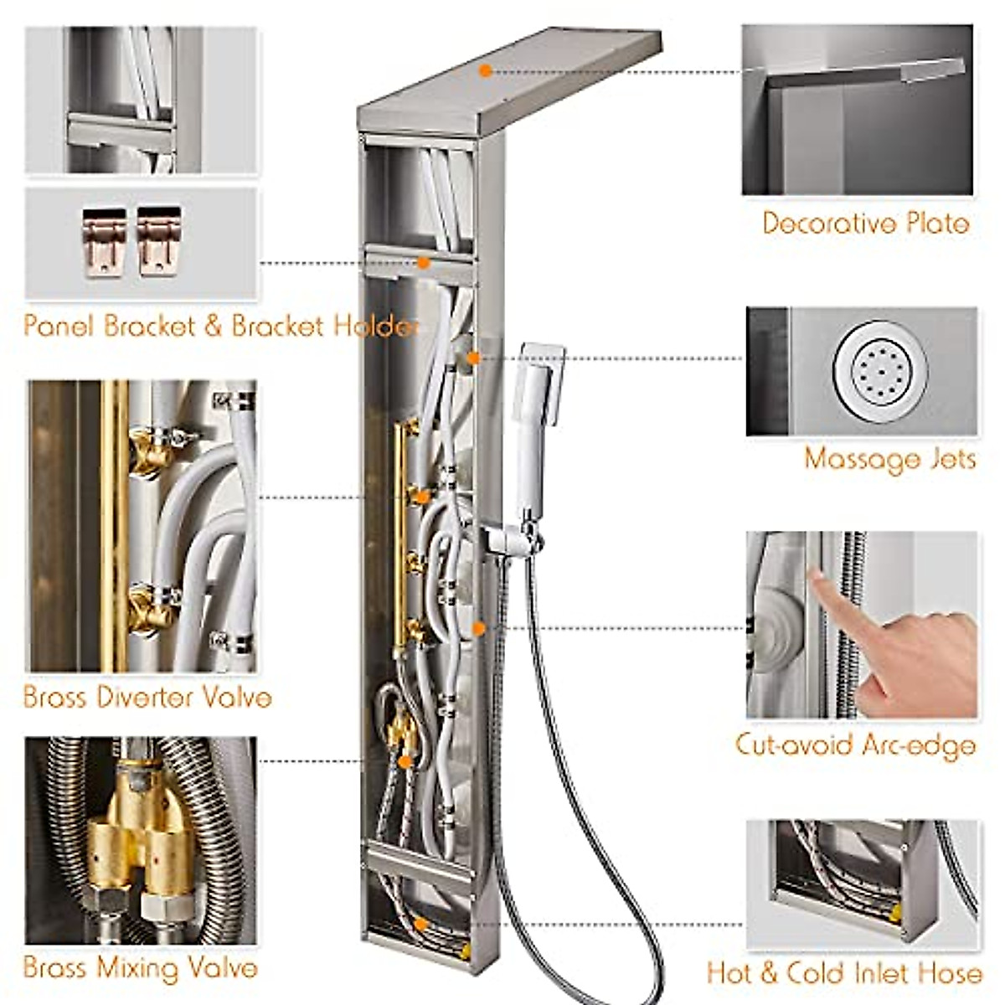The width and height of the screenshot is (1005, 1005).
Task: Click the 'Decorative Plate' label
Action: coord(865,224)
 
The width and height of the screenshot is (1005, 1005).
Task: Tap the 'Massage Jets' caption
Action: coord(889,459)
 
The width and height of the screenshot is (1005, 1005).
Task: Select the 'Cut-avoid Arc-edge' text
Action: coord(855,745)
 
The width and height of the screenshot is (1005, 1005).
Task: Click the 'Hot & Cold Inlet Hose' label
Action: coord(844,972)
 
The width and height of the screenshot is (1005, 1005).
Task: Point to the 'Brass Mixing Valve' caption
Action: coord(140,968)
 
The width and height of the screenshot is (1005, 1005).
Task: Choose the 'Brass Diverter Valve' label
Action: coord(147,697)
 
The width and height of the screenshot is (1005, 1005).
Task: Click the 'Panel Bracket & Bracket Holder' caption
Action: coord(219,326)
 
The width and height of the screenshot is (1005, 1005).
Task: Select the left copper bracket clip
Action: coord(103,241)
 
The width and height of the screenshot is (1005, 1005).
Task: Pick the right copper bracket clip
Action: coord(158,241)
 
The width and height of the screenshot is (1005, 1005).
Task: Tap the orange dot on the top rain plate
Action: coord(485,71)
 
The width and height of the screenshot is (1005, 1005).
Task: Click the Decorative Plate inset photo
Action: coord(857,110)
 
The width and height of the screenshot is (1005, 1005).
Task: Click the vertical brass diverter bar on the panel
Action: coord(399,536)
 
